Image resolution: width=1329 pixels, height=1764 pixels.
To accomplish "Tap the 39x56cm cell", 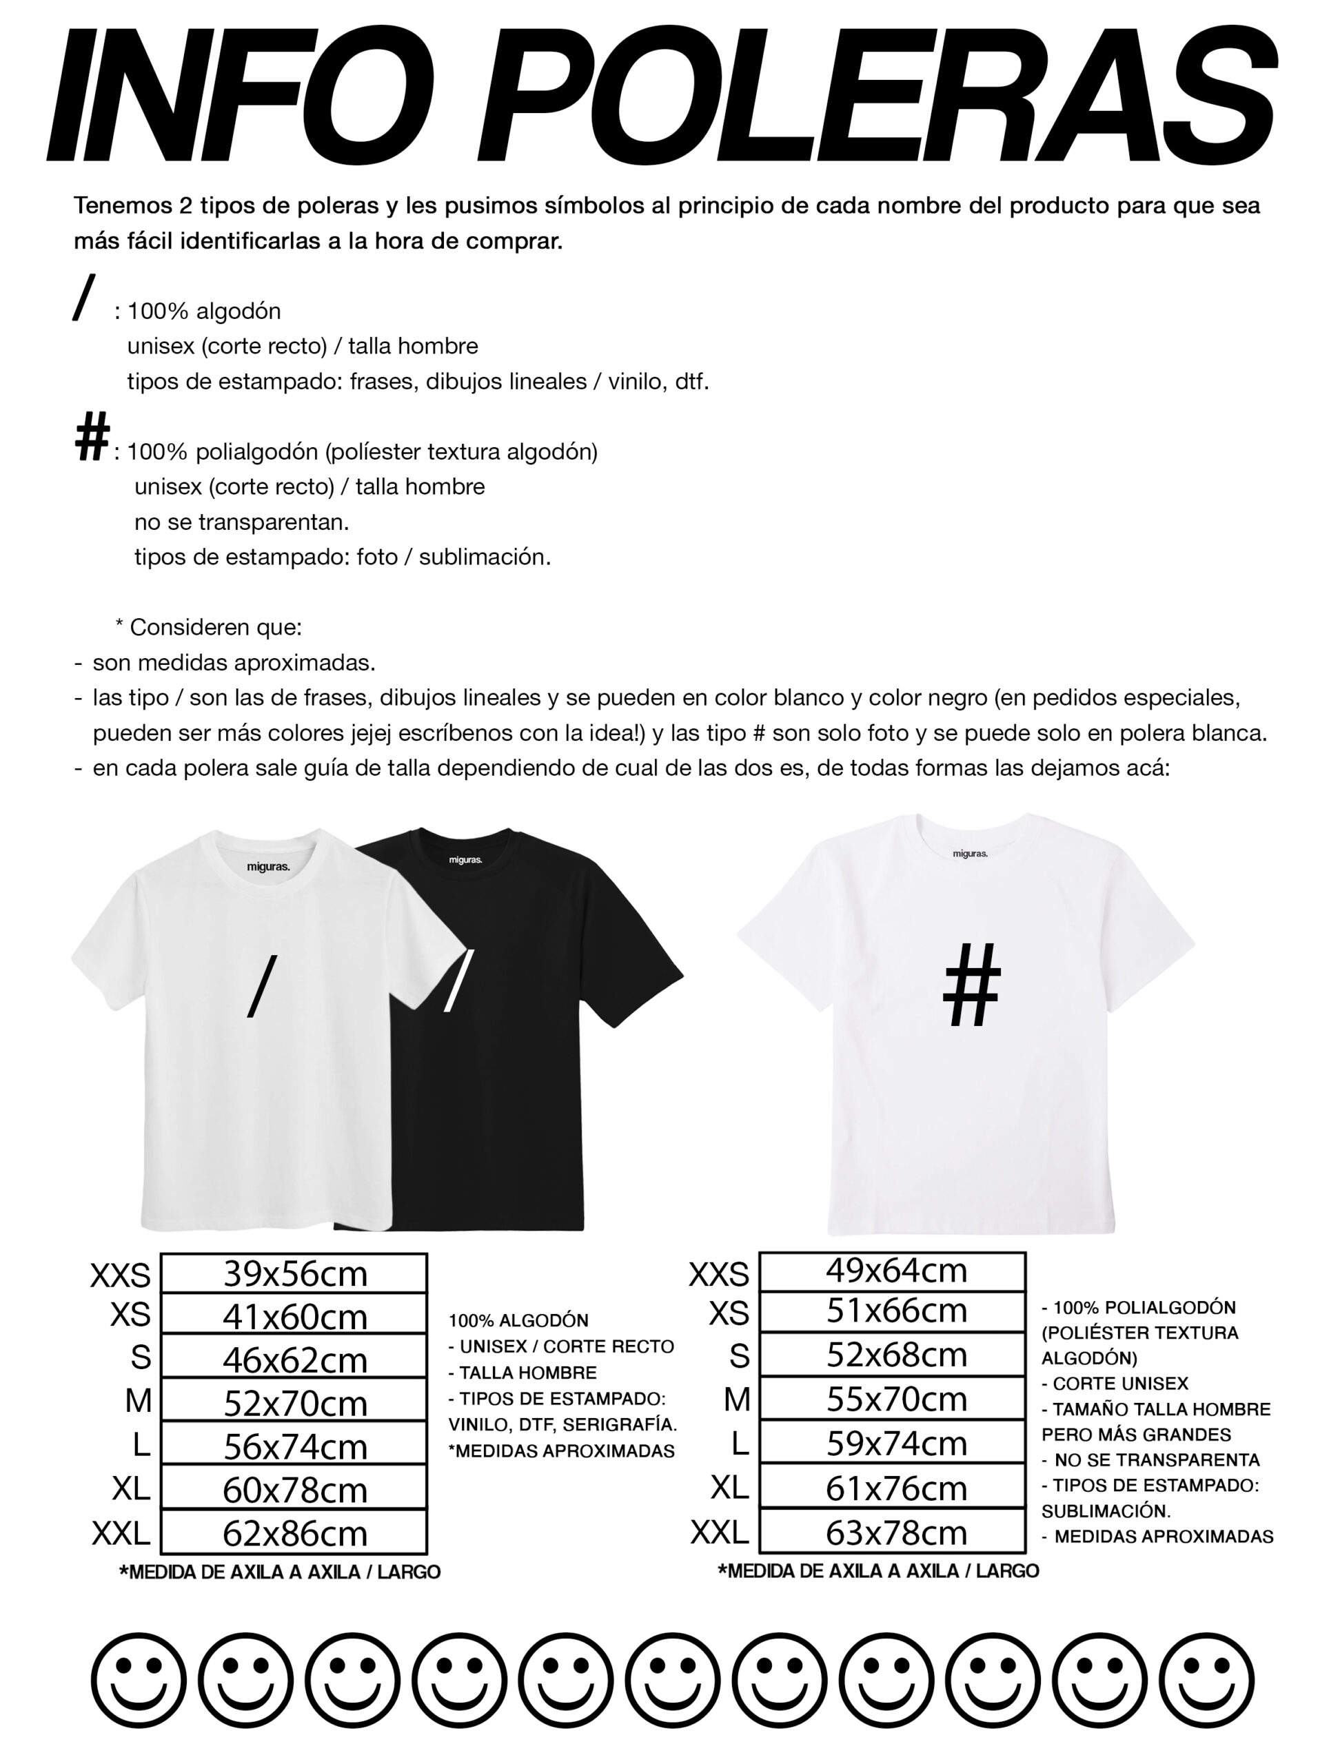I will click(x=294, y=1273).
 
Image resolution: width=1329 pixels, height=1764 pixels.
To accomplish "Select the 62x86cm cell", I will click(x=294, y=1532).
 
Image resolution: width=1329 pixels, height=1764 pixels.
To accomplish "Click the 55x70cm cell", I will click(x=892, y=1399).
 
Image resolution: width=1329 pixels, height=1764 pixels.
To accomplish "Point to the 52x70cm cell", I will click(x=294, y=1403).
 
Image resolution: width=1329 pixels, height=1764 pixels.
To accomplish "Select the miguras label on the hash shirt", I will click(x=970, y=853).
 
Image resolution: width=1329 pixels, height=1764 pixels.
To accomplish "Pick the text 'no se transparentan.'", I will click(x=242, y=522).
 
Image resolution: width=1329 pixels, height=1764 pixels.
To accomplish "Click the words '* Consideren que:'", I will click(x=208, y=628).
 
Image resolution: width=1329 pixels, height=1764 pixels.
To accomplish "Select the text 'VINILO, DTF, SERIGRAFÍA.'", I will click(x=562, y=1425).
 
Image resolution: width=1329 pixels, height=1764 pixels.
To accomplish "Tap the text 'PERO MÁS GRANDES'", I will click(x=1136, y=1435).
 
